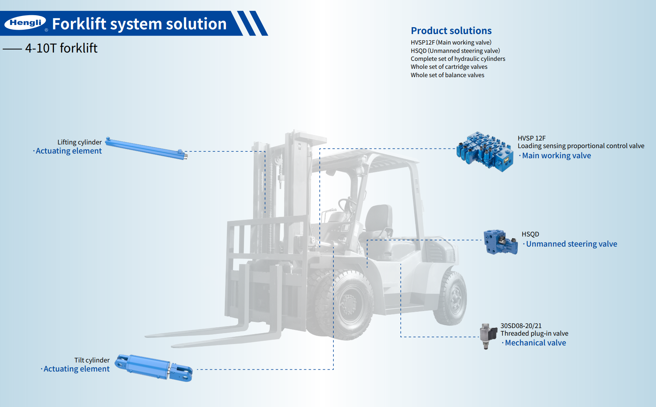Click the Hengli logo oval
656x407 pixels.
(x=25, y=22)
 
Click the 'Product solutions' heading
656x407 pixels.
(x=451, y=31)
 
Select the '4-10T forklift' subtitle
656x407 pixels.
(x=61, y=48)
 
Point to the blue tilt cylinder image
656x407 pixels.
(x=154, y=368)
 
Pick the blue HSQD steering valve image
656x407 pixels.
(x=500, y=242)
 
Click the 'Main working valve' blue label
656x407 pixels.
(x=556, y=156)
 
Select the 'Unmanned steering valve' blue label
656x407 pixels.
(x=571, y=244)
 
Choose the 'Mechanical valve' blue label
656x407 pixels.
(x=535, y=343)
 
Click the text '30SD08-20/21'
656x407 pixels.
(x=521, y=326)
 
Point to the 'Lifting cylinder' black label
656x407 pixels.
(x=79, y=142)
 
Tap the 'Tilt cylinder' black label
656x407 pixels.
(x=92, y=360)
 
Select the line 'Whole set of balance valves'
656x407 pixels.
(x=447, y=75)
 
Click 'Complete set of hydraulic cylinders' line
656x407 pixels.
(x=458, y=59)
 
